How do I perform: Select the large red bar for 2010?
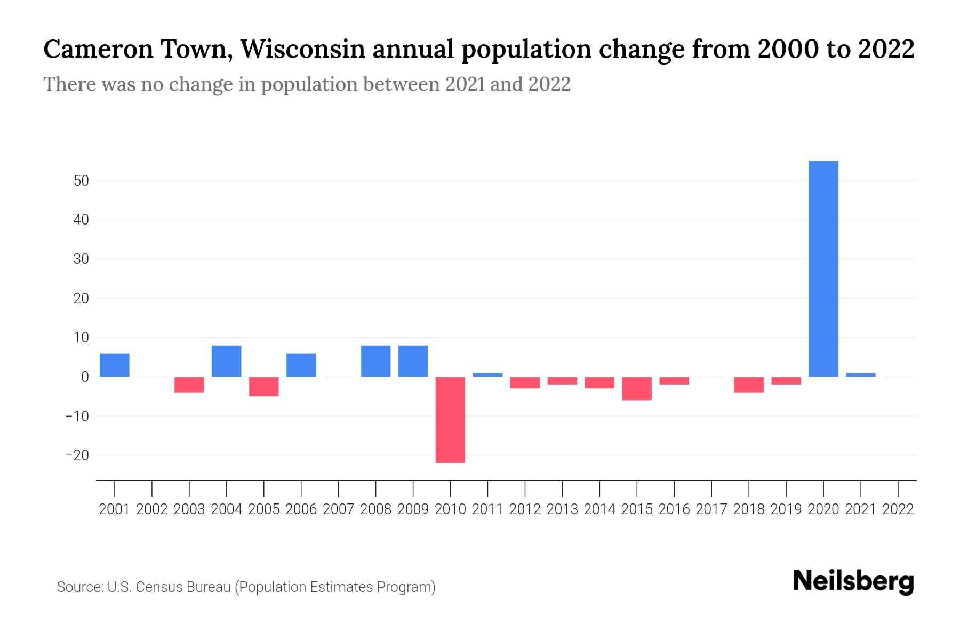tap(450, 420)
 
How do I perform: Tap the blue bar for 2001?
tap(115, 365)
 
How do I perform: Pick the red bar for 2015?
tap(637, 388)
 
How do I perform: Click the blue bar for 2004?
tap(227, 361)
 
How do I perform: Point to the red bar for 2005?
tap(264, 386)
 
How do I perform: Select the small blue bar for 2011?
tap(487, 374)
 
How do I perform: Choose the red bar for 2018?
tap(749, 384)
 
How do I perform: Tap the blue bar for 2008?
tap(375, 361)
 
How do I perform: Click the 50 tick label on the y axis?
tap(81, 181)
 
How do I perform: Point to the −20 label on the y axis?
tap(77, 455)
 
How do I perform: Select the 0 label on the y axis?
tap(85, 377)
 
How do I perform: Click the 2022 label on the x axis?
tap(898, 509)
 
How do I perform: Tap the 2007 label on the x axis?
tap(338, 509)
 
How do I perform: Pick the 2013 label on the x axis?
tap(562, 509)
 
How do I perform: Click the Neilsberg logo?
tap(853, 581)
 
